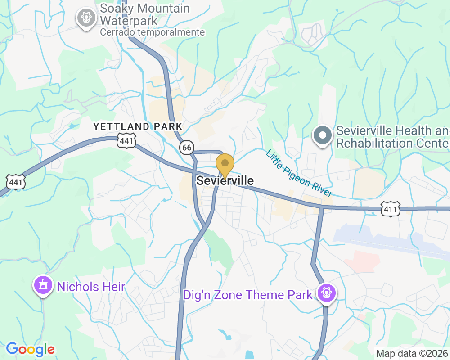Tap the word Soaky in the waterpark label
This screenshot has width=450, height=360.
[x=119, y=9]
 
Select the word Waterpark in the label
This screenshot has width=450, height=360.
[x=129, y=21]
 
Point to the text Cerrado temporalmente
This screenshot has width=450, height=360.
[x=152, y=32]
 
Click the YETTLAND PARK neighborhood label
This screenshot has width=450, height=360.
[x=138, y=126]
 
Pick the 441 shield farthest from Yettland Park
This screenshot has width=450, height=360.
[x=16, y=181]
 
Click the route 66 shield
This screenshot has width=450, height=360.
[x=186, y=147]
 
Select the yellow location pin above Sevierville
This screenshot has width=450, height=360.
[x=225, y=165]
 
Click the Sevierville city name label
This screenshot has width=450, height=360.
[x=225, y=181]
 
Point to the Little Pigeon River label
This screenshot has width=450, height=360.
[x=299, y=173]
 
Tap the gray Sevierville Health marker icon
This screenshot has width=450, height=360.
[x=323, y=135]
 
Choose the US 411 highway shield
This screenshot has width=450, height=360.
[x=390, y=208]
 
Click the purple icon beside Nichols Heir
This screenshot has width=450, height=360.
[x=43, y=285]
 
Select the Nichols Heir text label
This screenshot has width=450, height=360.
[x=90, y=286]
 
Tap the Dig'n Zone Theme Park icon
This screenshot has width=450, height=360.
[x=326, y=293]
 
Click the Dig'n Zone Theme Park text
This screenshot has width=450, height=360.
[x=247, y=295]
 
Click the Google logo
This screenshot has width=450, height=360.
[x=30, y=349]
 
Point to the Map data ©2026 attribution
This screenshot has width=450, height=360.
[x=412, y=354]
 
